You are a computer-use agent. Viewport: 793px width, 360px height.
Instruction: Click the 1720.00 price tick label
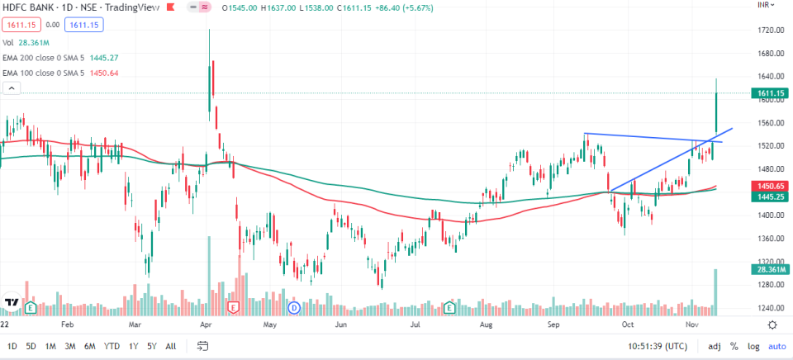(770, 31)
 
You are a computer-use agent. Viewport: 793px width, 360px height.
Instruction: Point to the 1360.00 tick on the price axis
(770, 239)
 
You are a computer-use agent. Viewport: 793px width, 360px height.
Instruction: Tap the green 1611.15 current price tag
(770, 93)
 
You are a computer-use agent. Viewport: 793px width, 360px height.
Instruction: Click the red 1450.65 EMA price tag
(770, 187)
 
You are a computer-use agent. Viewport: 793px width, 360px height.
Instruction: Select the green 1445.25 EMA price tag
(770, 197)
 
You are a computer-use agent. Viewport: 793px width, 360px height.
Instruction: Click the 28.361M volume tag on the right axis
(770, 269)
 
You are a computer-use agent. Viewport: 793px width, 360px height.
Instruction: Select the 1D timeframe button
(12, 346)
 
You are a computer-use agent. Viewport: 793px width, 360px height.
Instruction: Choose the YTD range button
(111, 346)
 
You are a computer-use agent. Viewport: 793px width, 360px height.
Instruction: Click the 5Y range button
(152, 346)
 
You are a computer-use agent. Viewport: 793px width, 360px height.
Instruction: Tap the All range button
(171, 346)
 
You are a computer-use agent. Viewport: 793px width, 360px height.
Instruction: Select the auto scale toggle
(776, 346)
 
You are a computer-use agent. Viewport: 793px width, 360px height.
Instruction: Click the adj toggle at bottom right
(714, 346)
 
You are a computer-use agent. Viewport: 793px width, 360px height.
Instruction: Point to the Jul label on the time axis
(416, 325)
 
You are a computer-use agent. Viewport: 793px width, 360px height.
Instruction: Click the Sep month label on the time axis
(554, 325)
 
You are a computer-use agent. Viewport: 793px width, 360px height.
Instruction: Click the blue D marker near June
(293, 308)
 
